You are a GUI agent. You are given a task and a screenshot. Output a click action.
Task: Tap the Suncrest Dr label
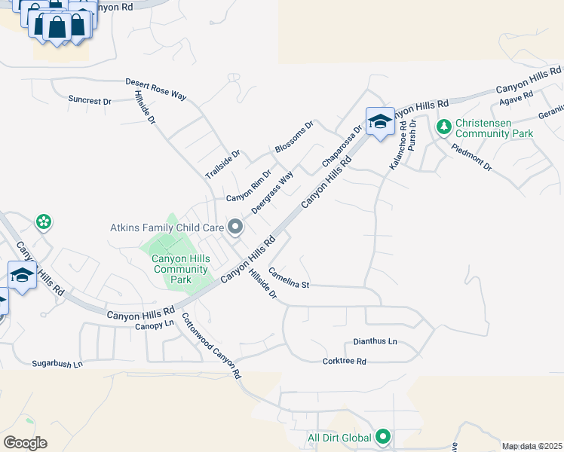pyautogui.click(x=89, y=99)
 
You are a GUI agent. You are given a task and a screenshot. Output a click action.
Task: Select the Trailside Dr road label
pyautogui.click(x=222, y=164)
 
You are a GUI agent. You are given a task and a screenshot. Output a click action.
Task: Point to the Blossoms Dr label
pyautogui.click(x=293, y=137)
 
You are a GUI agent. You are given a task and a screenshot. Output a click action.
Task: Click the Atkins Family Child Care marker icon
pyautogui.click(x=235, y=226)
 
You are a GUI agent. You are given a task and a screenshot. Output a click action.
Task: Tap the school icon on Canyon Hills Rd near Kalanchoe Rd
pyautogui.click(x=379, y=121)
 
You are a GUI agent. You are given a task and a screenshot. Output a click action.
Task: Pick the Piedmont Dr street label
pyautogui.click(x=472, y=156)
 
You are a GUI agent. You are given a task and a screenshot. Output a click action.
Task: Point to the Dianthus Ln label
pyautogui.click(x=375, y=341)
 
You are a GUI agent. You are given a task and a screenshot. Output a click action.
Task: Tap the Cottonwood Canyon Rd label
pyautogui.click(x=212, y=346)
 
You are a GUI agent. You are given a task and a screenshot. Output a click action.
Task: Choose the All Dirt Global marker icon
pyautogui.click(x=383, y=436)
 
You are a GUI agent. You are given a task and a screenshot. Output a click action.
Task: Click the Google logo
pyautogui.click(x=25, y=442)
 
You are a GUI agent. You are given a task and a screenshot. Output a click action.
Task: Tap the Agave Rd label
pyautogui.click(x=516, y=99)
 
